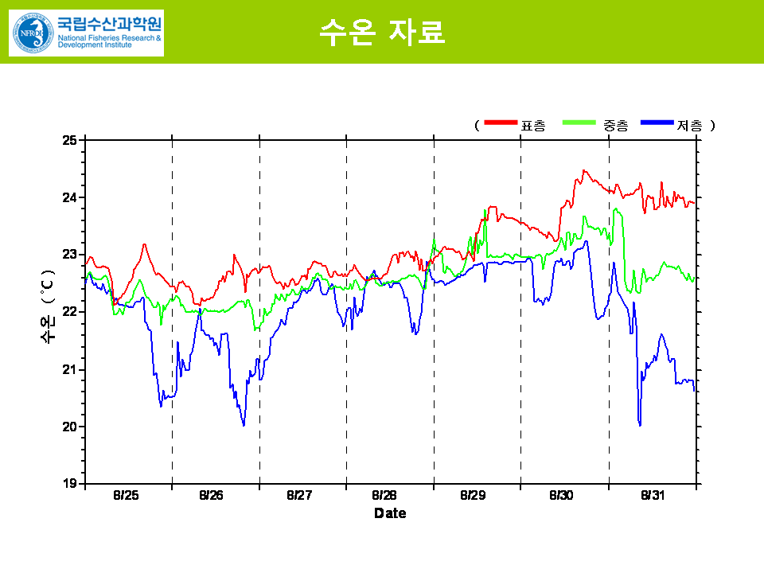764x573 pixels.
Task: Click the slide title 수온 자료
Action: click(381, 31)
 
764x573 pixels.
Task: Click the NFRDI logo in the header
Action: click(86, 33)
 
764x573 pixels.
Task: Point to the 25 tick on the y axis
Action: click(69, 140)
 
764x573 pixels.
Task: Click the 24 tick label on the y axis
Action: click(69, 197)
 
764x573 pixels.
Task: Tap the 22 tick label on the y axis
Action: click(69, 312)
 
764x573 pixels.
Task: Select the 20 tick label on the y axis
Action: click(69, 427)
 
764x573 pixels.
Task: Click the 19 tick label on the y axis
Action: click(69, 484)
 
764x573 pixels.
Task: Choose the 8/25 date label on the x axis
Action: click(126, 496)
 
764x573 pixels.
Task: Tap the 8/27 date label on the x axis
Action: click(299, 496)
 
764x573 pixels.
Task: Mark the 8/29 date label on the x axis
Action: click(473, 496)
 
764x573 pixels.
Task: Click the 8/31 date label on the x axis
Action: click(653, 496)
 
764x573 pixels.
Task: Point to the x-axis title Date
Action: click(390, 514)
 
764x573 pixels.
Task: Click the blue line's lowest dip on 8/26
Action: click(244, 425)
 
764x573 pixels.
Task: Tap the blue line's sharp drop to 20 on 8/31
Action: click(640, 424)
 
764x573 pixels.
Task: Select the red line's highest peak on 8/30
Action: click(584, 170)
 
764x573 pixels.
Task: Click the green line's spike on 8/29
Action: click(485, 211)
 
